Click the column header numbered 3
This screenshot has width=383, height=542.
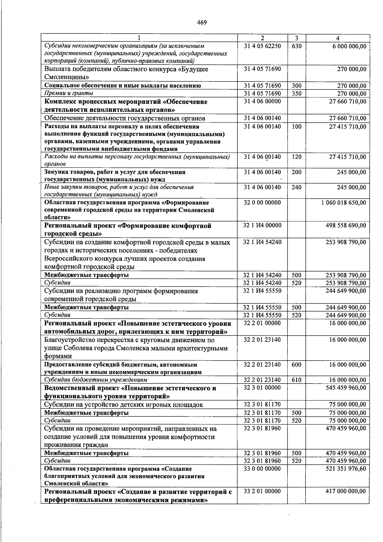(297, 38)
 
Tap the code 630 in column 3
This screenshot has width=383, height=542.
(297, 46)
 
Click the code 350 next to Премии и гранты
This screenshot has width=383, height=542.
(297, 94)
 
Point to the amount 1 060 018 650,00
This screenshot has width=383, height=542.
(344, 202)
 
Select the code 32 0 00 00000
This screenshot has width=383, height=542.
(262, 202)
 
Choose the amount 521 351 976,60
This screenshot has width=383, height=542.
(346, 469)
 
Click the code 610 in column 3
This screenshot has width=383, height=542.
(297, 380)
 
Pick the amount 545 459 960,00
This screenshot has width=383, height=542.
(346, 388)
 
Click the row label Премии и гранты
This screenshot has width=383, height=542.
(69, 93)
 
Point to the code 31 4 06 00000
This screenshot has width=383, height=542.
(262, 102)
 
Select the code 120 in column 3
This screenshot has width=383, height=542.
(297, 157)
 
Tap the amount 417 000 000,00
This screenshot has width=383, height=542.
(346, 491)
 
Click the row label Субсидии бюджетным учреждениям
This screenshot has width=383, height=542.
(96, 380)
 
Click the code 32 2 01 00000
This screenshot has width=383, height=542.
(262, 323)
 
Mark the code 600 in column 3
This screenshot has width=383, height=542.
(297, 364)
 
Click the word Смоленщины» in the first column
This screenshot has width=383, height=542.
(67, 77)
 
